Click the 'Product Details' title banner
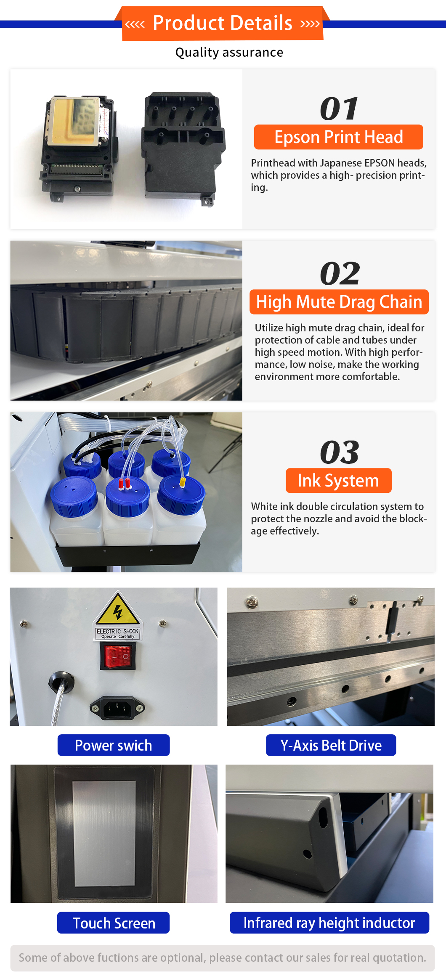tap(223, 23)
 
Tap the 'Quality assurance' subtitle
tap(229, 52)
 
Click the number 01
tap(339, 109)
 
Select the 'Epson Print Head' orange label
tap(339, 137)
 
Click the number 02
tap(340, 273)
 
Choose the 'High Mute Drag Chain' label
tap(339, 302)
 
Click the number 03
tap(340, 452)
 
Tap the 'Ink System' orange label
tap(339, 481)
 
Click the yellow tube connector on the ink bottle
tap(183, 482)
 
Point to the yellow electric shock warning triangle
tap(117, 609)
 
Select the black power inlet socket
tap(117, 709)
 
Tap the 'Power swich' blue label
tap(114, 745)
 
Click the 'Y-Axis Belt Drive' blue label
tap(331, 745)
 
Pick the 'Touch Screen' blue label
tap(114, 923)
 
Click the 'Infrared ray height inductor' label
tap(329, 923)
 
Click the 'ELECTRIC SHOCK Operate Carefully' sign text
tap(118, 633)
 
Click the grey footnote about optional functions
tap(223, 957)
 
